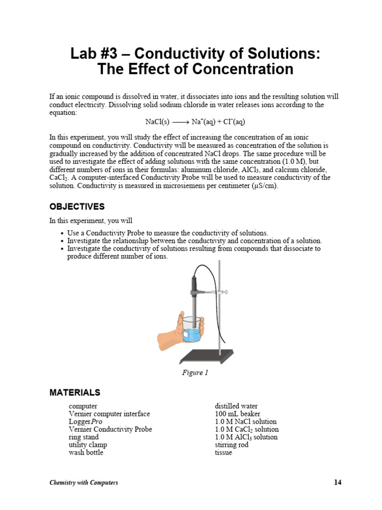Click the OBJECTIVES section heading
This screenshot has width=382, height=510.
point(77,207)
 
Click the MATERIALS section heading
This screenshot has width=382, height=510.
point(75,392)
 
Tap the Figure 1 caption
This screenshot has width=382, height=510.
point(194,373)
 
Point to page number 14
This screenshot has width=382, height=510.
point(338,482)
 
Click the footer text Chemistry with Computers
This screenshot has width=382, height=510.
point(84,483)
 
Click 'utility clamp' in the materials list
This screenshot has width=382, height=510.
point(88,445)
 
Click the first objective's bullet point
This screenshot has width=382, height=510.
point(61,233)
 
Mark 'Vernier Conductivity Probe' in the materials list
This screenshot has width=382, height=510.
point(110,429)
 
